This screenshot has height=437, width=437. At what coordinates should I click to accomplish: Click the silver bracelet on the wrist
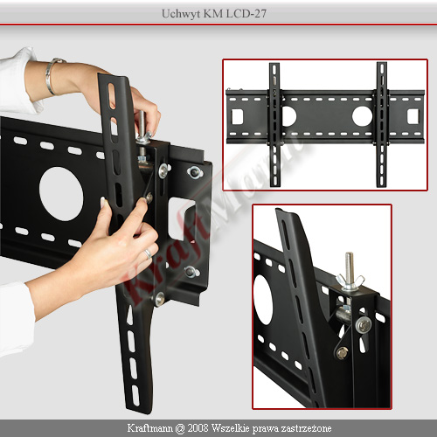pyautogui.click(x=50, y=76)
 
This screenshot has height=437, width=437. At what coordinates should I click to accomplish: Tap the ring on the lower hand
pyautogui.click(x=148, y=253)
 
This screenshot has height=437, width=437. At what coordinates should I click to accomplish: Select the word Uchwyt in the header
pyautogui.click(x=178, y=14)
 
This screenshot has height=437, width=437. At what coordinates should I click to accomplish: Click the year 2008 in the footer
pyautogui.click(x=198, y=428)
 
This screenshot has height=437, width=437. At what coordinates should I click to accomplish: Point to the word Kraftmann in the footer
pyautogui.click(x=150, y=428)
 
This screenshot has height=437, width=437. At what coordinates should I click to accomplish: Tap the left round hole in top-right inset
pyautogui.click(x=289, y=116)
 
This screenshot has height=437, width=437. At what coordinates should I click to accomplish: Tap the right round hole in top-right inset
pyautogui.click(x=362, y=116)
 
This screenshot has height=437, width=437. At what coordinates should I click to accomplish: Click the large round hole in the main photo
pyautogui.click(x=61, y=194)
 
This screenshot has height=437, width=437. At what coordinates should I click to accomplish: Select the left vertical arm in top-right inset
pyautogui.click(x=274, y=125)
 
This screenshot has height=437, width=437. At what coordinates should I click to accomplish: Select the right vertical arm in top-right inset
pyautogui.click(x=382, y=124)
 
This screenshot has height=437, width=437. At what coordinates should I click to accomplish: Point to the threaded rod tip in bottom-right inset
pyautogui.click(x=350, y=254)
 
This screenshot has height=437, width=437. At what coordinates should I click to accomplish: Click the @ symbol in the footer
pyautogui.click(x=180, y=428)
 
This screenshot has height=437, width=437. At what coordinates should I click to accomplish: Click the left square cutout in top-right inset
pyautogui.click(x=237, y=116)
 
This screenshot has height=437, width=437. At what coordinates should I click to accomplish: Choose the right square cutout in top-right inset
pyautogui.click(x=413, y=116)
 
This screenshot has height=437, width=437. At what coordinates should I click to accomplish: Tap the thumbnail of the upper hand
pyautogui.click(x=150, y=134)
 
